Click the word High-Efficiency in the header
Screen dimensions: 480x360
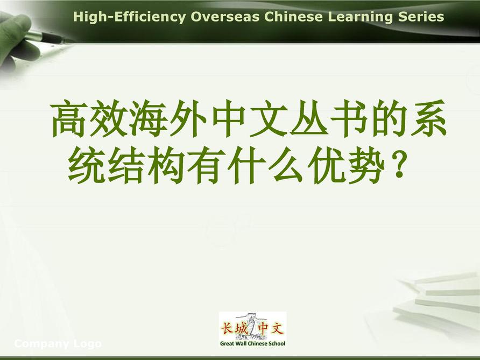[130, 17]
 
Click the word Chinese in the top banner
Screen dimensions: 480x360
[294, 17]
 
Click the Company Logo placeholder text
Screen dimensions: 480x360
[58, 344]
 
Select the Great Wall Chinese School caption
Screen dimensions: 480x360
[252, 343]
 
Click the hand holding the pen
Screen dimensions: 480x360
[17, 41]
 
